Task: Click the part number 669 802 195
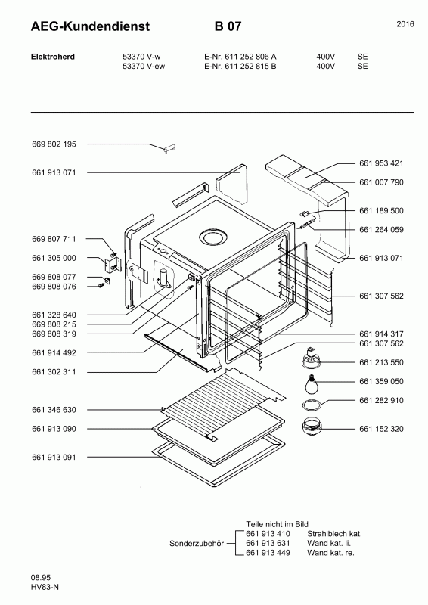[x=54, y=144]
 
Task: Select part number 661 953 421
[x=381, y=163]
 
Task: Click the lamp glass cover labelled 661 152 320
[x=311, y=427]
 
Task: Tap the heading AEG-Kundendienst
[x=90, y=26]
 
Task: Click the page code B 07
[x=228, y=26]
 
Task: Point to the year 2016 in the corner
[x=405, y=24]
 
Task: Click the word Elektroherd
[x=53, y=57]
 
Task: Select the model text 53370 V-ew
[x=144, y=67]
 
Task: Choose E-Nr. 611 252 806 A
[x=240, y=57]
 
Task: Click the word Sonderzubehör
[x=197, y=544]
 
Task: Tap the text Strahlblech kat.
[x=334, y=534]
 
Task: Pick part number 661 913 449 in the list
[x=268, y=553]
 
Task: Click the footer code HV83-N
[x=45, y=588]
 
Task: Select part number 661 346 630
[x=54, y=410]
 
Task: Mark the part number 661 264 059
[x=381, y=230]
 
